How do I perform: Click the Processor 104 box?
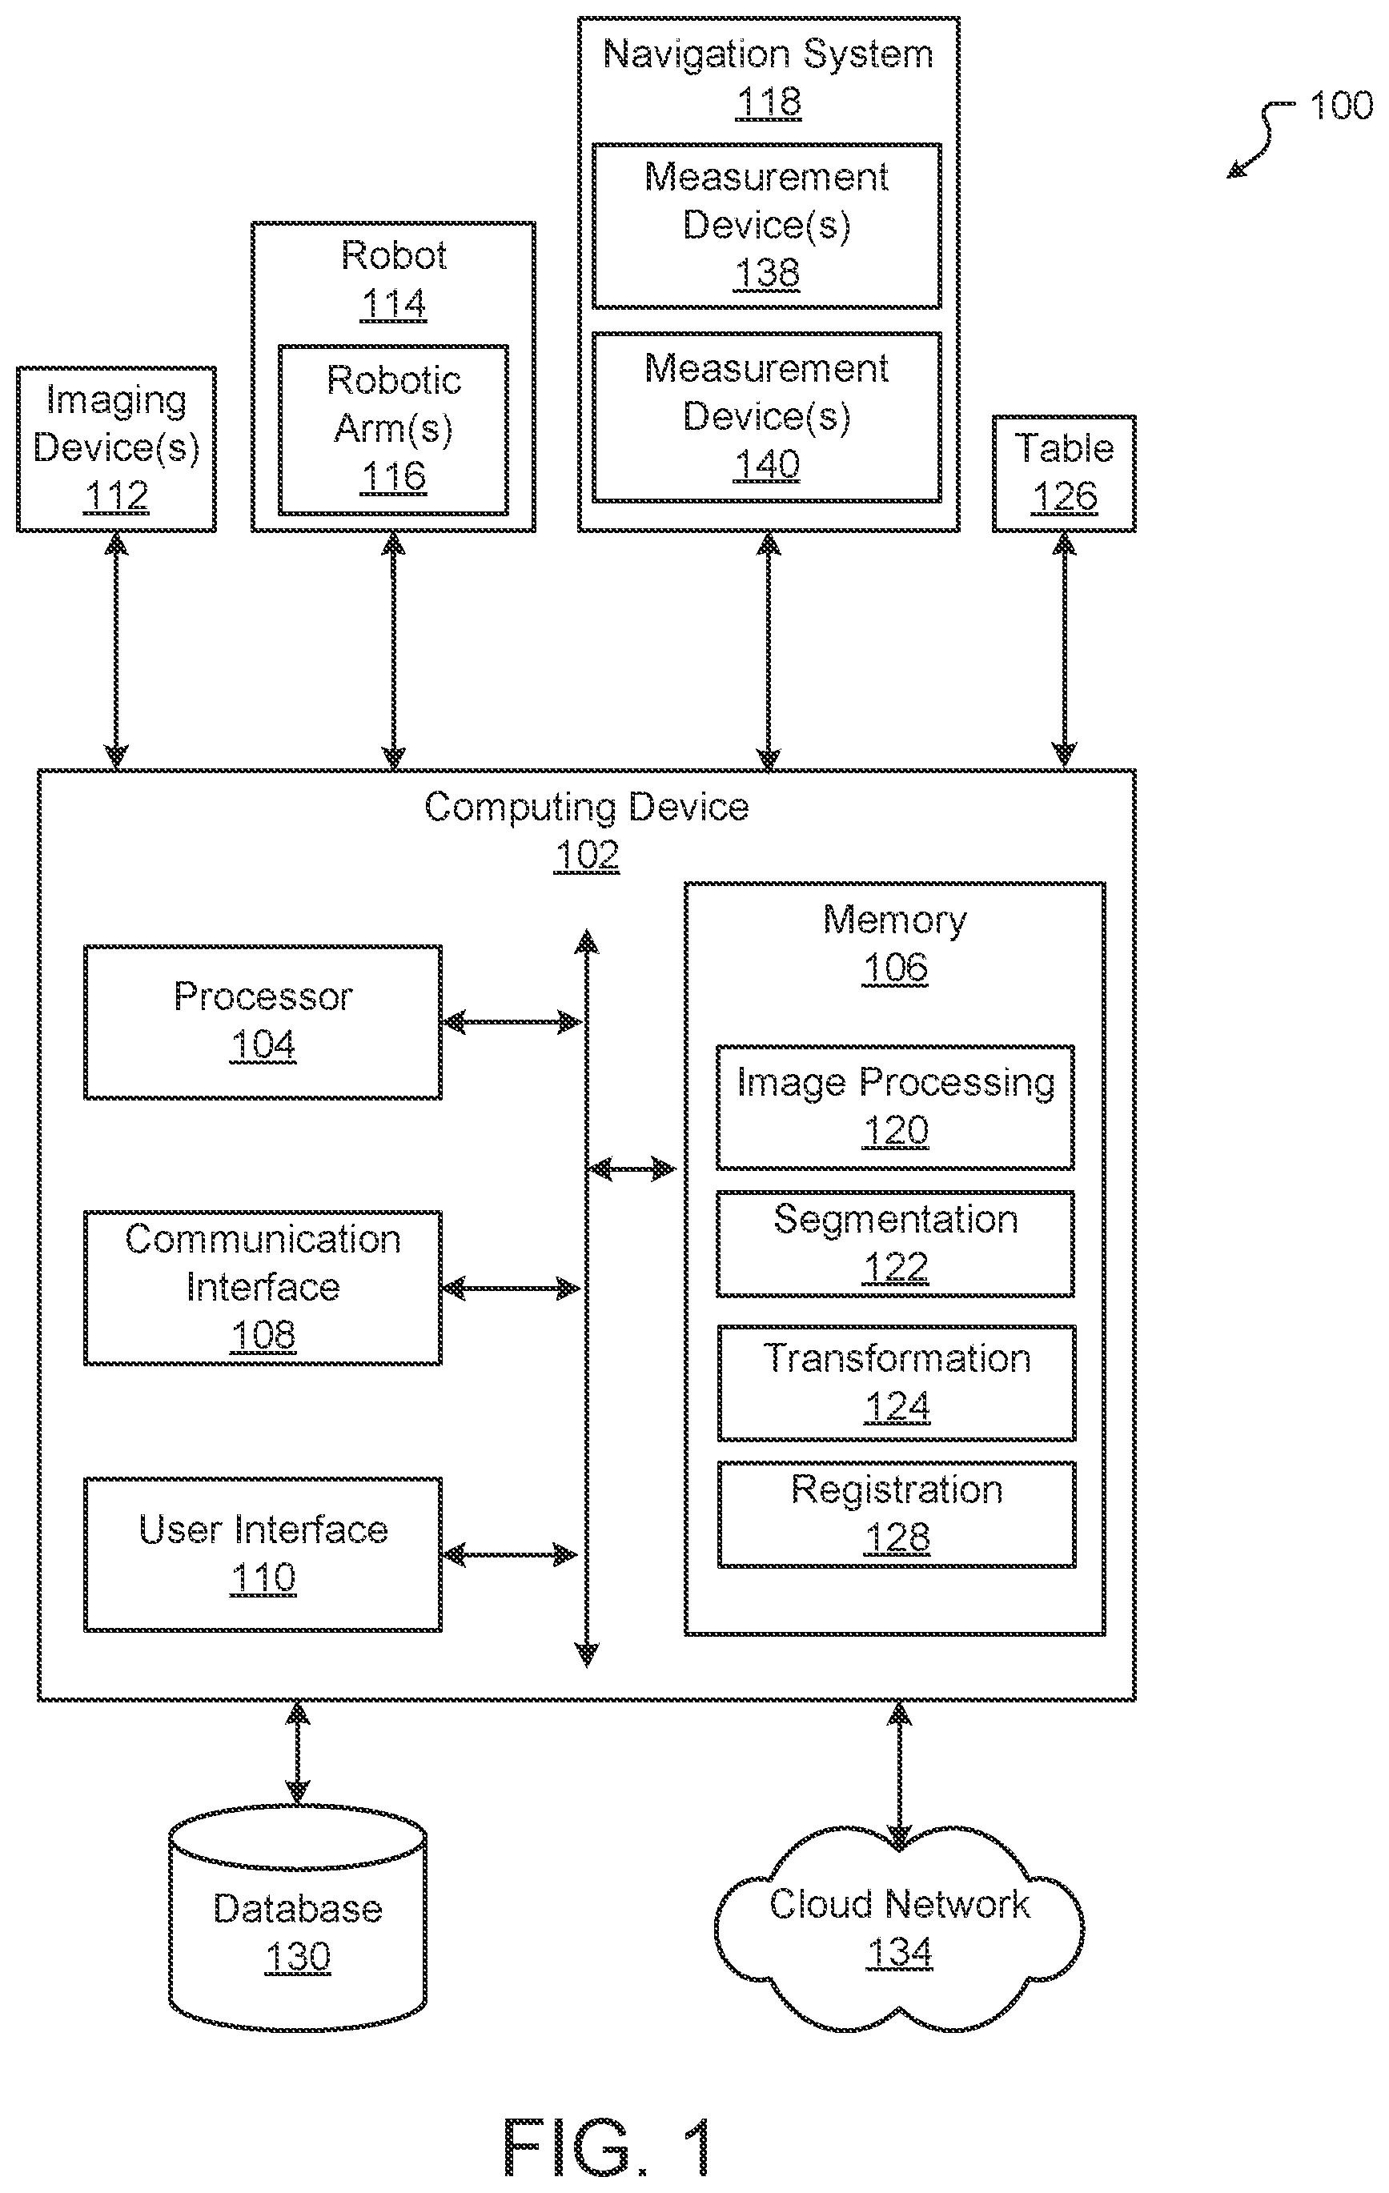[263, 1022]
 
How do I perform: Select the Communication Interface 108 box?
[263, 1288]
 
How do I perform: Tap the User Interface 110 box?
[263, 1554]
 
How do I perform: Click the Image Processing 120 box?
[895, 1108]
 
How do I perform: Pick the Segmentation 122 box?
[895, 1244]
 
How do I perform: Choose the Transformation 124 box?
[897, 1383]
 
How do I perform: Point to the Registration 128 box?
[897, 1514]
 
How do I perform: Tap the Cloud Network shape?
[899, 1929]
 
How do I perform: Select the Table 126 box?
[1064, 474]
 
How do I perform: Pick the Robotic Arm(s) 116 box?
[393, 430]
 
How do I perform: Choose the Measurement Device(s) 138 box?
[767, 226]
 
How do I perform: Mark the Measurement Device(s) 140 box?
[767, 417]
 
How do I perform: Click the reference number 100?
[1341, 106]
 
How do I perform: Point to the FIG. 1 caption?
[608, 2147]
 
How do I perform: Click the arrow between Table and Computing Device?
[1064, 650]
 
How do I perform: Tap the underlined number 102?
[587, 855]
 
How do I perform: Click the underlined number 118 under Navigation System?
[769, 102]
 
